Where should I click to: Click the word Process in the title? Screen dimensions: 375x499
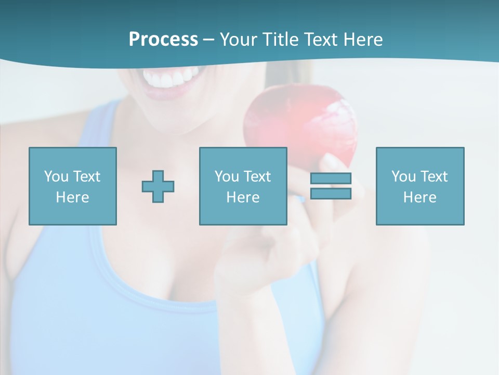(x=163, y=40)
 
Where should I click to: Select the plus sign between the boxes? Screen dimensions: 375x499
(x=158, y=186)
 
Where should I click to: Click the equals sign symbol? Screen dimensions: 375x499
(x=331, y=186)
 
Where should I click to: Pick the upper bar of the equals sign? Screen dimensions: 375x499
(x=331, y=178)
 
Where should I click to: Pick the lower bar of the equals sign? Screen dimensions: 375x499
(x=331, y=193)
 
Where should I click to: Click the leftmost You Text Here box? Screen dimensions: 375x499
(x=72, y=186)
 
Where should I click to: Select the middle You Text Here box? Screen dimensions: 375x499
(x=243, y=186)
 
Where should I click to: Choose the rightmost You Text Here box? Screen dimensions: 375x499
(x=419, y=186)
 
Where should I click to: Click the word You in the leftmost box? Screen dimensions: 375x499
(x=56, y=177)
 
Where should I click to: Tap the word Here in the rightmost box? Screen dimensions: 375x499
(x=419, y=197)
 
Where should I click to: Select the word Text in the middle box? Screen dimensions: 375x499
(x=257, y=177)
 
